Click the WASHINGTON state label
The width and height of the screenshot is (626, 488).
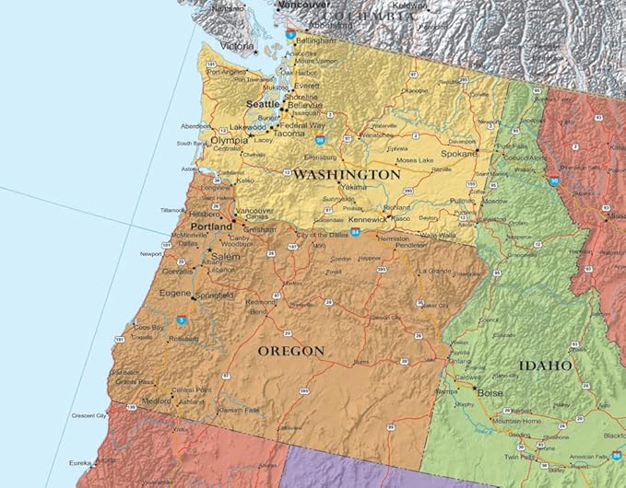point(347,174)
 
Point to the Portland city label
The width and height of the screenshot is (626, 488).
point(211,226)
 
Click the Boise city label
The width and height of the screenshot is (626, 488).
point(490,391)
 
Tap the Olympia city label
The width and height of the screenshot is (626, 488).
point(230,140)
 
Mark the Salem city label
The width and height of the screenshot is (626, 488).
point(226,256)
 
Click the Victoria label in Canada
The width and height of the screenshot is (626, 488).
point(237,46)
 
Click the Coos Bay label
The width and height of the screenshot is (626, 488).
point(148,327)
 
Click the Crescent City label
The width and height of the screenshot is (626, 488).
point(89,416)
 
